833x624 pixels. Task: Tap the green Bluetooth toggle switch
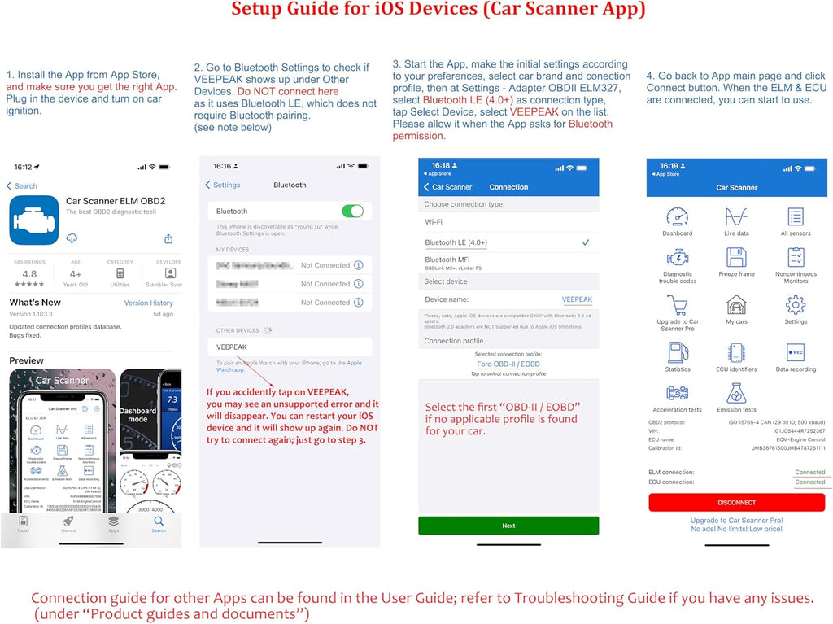click(x=352, y=212)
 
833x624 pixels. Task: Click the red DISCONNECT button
click(x=736, y=503)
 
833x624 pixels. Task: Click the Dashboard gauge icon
click(x=677, y=217)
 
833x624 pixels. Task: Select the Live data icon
click(x=736, y=217)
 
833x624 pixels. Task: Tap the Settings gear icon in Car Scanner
click(x=796, y=305)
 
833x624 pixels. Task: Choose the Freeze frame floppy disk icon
click(x=736, y=258)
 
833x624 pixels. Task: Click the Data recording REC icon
click(x=796, y=352)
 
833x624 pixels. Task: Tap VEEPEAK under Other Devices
click(x=232, y=347)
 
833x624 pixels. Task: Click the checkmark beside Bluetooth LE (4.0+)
click(x=586, y=242)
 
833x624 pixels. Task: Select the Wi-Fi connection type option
click(x=434, y=221)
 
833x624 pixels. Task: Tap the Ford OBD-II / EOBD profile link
click(x=508, y=364)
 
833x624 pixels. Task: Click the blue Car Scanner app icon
click(x=33, y=220)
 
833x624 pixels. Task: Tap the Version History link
click(x=148, y=303)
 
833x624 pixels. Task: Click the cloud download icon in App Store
click(x=72, y=238)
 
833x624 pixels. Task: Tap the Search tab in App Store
click(x=159, y=522)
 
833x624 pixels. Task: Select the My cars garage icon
click(x=736, y=305)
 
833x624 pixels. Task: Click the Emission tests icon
click(x=736, y=394)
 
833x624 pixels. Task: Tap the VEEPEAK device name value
click(x=577, y=299)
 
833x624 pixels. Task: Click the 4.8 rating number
click(x=29, y=274)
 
